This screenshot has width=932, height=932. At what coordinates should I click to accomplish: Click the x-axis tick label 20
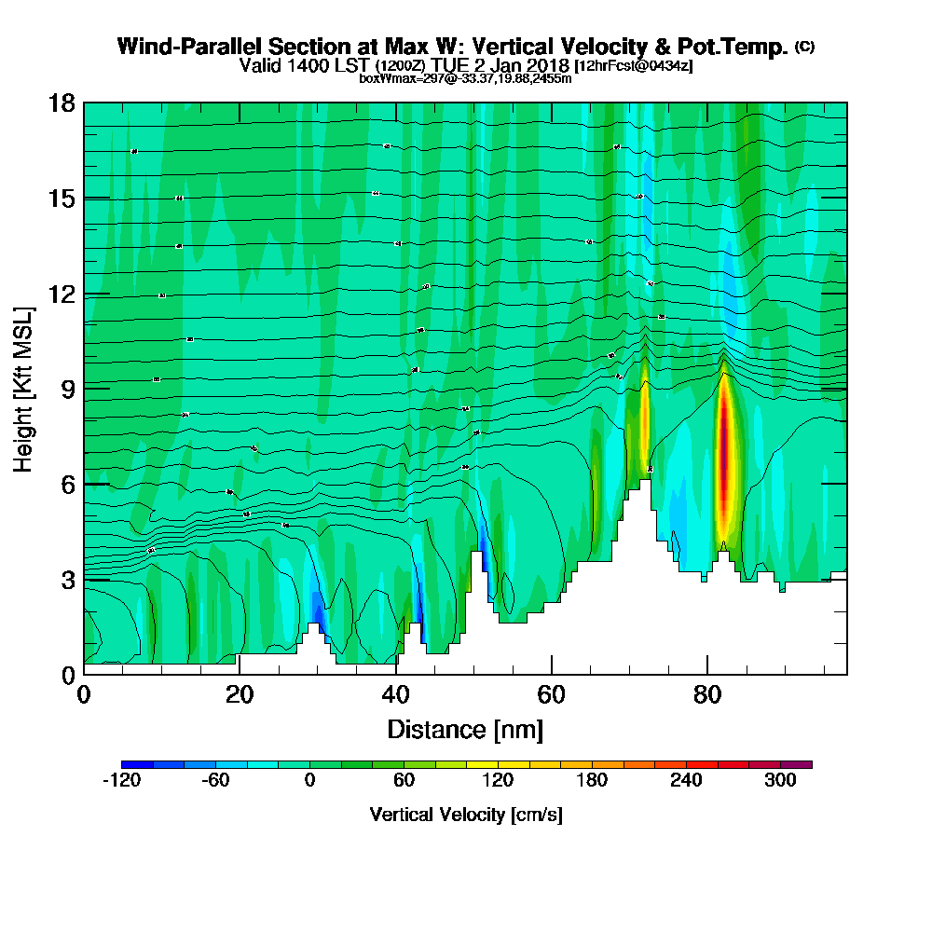pyautogui.click(x=240, y=694)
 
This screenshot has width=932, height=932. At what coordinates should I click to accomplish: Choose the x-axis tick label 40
pyautogui.click(x=396, y=694)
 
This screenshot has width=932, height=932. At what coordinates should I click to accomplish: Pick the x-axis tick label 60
pyautogui.click(x=553, y=694)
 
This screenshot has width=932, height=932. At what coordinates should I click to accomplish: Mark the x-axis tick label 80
pyautogui.click(x=709, y=694)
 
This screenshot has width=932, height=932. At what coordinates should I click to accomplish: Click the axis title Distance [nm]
pyautogui.click(x=465, y=728)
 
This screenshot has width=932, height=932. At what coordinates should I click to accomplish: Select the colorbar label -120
pyautogui.click(x=121, y=781)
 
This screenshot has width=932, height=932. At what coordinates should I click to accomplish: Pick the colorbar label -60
pyautogui.click(x=215, y=781)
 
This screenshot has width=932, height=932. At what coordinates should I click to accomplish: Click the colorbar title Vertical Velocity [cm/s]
pyautogui.click(x=465, y=815)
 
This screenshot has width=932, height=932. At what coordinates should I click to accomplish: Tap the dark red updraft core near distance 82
pyautogui.click(x=724, y=457)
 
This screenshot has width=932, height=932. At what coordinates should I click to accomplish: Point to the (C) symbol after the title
pyautogui.click(x=804, y=46)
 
